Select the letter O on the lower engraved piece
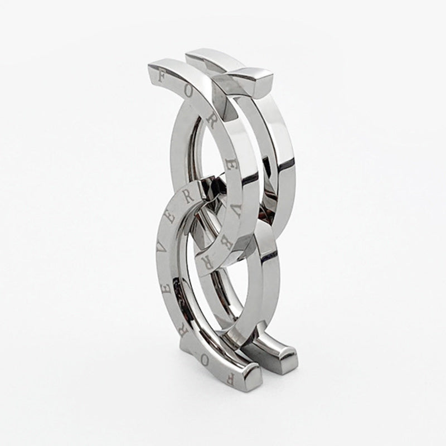203,361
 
